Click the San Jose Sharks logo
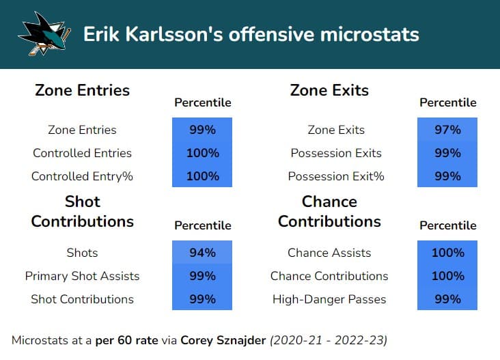click(44, 33)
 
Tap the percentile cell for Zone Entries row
click(202, 130)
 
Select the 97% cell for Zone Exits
click(447, 130)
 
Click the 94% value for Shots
click(202, 253)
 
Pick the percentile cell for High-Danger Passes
click(447, 299)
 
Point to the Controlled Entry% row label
click(82, 176)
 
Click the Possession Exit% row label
click(336, 176)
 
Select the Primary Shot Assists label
click(82, 276)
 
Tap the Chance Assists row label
click(329, 253)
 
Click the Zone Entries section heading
click(82, 90)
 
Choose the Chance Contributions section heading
click(329, 212)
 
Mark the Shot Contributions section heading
click(82, 212)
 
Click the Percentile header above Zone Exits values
click(447, 103)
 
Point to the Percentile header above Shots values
click(202, 225)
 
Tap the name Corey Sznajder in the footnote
click(225, 340)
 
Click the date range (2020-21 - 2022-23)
click(329, 340)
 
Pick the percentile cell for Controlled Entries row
click(202, 153)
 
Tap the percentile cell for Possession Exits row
click(447, 153)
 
